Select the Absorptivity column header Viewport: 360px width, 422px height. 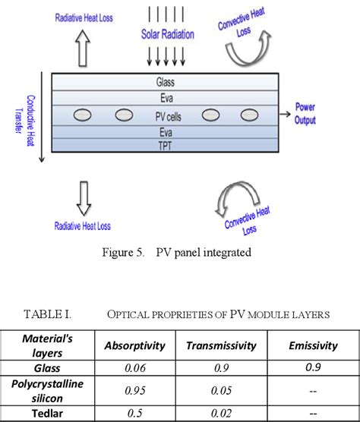134,345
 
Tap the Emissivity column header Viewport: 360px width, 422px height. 313,345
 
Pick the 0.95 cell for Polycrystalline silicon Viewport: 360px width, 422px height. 134,390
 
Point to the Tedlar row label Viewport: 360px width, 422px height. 52,414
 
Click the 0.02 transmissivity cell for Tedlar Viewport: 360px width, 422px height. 223,414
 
